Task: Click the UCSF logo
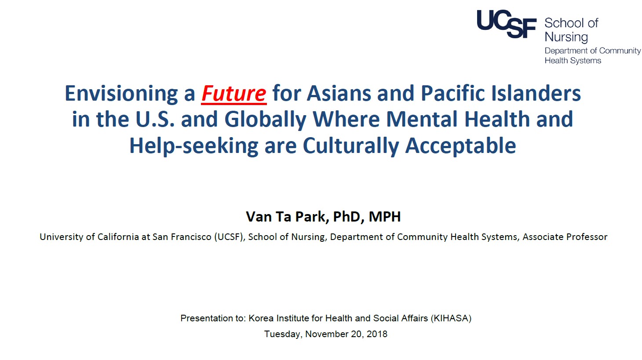(x=507, y=24)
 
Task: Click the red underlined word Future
(x=234, y=94)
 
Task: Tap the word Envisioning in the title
(x=121, y=94)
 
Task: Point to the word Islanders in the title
(x=536, y=93)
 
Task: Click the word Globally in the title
(x=266, y=120)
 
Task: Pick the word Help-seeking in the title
(x=194, y=146)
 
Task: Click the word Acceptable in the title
(x=460, y=146)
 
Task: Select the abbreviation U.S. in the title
(x=155, y=120)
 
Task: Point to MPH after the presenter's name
(x=385, y=217)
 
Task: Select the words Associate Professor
(x=565, y=237)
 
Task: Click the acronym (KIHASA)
(x=451, y=318)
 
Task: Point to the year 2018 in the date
(x=377, y=334)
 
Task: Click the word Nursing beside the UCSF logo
(x=566, y=37)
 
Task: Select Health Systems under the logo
(x=573, y=61)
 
